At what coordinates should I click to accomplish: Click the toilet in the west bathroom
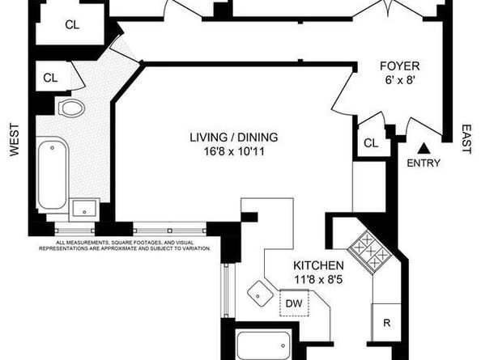pyautogui.click(x=72, y=109)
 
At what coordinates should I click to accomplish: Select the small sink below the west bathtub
pyautogui.click(x=84, y=210)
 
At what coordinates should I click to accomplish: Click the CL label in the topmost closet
pyautogui.click(x=72, y=24)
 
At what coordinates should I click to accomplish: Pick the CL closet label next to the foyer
pyautogui.click(x=371, y=143)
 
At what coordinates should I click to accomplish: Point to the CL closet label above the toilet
pyautogui.click(x=50, y=78)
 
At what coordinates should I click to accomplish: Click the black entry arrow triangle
pyautogui.click(x=423, y=147)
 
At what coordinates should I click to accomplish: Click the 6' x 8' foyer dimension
pyautogui.click(x=398, y=82)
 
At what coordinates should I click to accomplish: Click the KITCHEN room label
pyautogui.click(x=319, y=265)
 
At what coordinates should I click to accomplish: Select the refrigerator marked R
pyautogui.click(x=387, y=324)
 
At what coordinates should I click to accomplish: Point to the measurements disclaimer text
pyautogui.click(x=121, y=245)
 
